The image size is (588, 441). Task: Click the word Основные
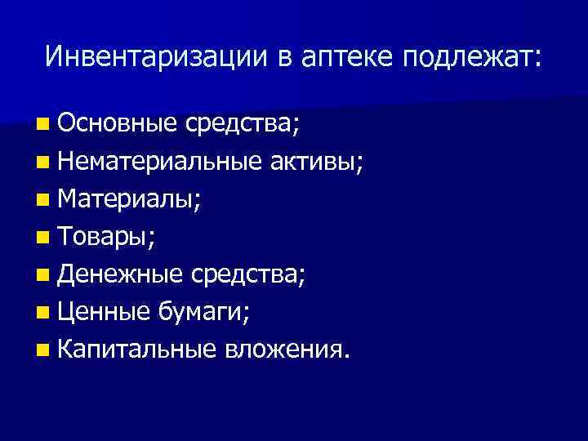coord(118,124)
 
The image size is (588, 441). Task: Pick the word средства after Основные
coord(241,124)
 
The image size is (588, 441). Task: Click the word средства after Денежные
coord(247,275)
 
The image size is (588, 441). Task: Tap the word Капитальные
coord(137,350)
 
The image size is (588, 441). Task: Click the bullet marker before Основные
coord(42,126)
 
